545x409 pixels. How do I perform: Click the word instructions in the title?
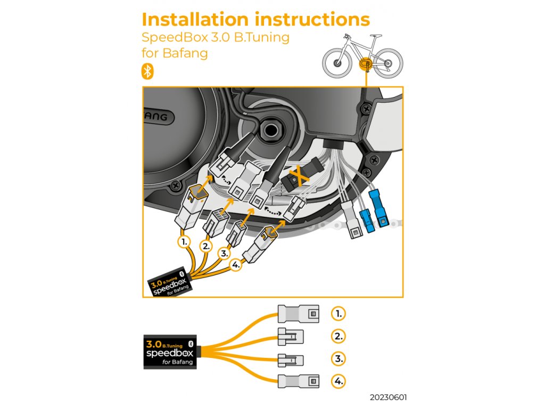point(312,20)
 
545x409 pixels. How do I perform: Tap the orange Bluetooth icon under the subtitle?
point(147,71)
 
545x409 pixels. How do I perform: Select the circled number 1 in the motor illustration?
point(184,242)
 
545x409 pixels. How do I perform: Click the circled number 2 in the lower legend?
point(338,336)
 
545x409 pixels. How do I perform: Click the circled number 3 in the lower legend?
point(338,358)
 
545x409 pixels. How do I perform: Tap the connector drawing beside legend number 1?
point(298,314)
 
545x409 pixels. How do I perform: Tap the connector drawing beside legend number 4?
point(299,381)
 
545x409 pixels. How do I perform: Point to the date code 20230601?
point(390,397)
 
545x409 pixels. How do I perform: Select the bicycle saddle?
point(377,36)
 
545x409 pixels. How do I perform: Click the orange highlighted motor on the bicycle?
point(366,64)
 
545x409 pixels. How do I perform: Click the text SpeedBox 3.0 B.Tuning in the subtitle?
point(216,38)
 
